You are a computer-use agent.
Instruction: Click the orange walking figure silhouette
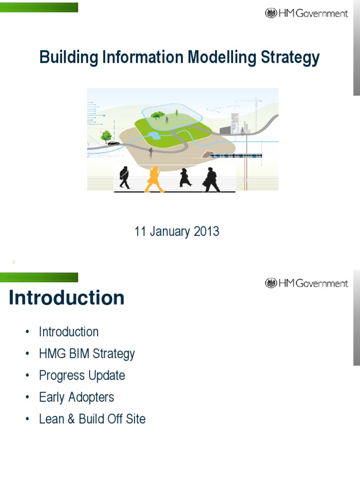point(154,180)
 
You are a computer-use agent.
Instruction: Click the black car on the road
point(113,143)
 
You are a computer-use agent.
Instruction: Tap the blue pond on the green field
point(153,136)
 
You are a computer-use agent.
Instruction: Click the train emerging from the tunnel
point(234,156)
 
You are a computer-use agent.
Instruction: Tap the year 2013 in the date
point(206,232)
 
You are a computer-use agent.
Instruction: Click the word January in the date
point(170,232)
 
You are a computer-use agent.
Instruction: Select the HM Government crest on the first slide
point(271,13)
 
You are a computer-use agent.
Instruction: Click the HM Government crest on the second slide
point(271,283)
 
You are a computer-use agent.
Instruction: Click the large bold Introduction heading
point(67,298)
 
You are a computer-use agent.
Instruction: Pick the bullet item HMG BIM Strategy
point(87,354)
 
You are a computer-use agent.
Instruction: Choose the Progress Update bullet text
point(82,375)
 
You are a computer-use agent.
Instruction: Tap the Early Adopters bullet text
point(76,397)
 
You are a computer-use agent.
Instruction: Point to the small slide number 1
point(14,262)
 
